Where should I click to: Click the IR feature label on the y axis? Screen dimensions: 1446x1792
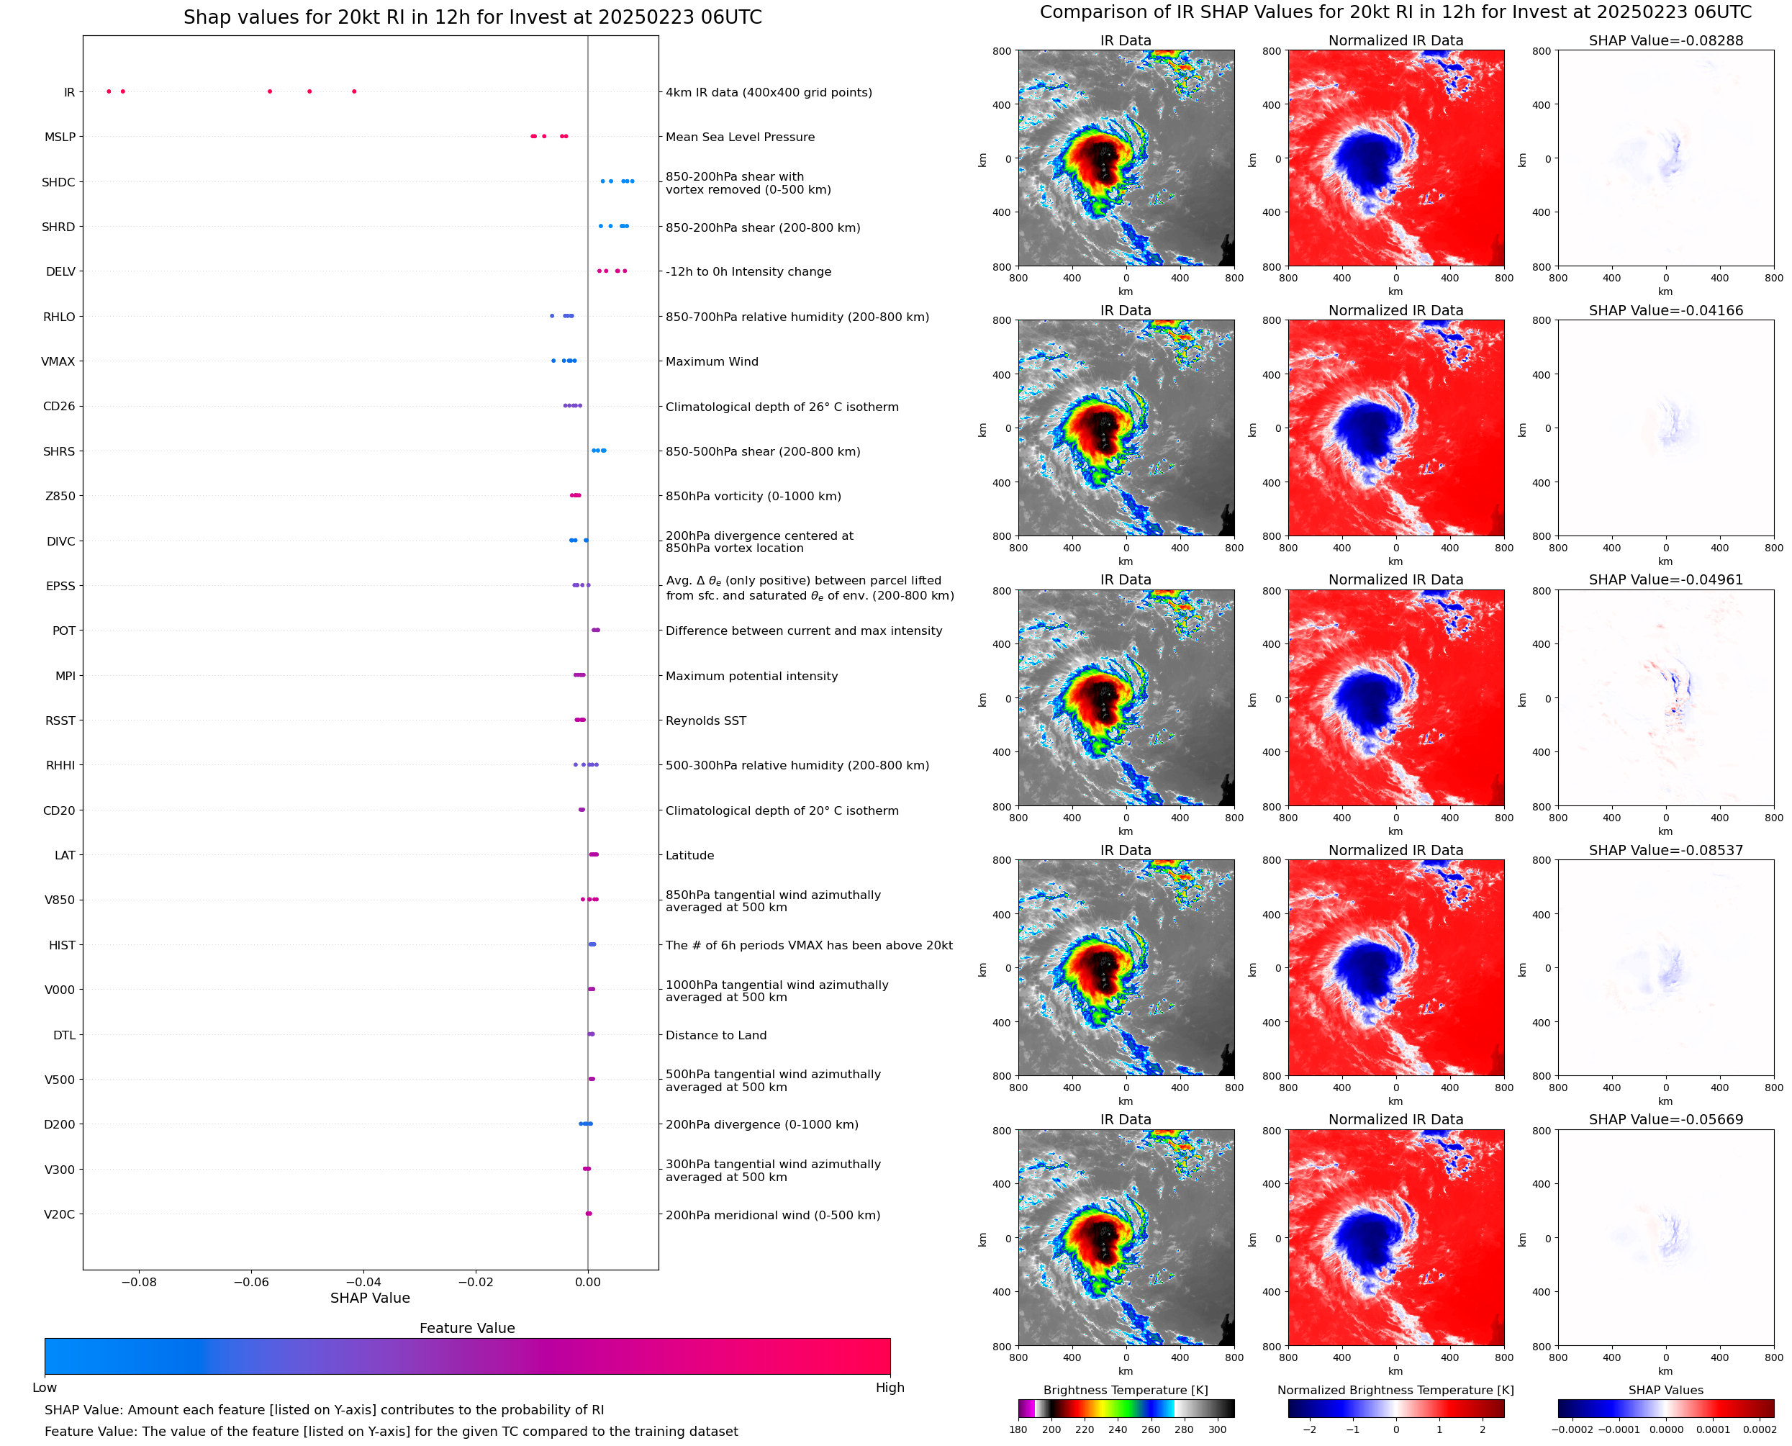pos(69,92)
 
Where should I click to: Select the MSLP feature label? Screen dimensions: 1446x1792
pos(60,137)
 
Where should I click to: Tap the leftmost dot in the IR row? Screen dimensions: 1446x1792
pos(109,91)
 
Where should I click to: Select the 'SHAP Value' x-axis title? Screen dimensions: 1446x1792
pos(370,1298)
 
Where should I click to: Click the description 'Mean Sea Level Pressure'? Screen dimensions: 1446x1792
pos(739,137)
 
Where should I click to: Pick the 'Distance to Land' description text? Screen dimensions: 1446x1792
pos(715,1035)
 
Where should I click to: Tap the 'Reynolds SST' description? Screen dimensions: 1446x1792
pos(705,721)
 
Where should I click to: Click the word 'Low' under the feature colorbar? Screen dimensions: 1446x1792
pos(45,1388)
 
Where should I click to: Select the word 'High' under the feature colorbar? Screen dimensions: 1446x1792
pos(890,1388)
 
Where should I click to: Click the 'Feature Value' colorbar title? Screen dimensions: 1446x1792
pos(467,1329)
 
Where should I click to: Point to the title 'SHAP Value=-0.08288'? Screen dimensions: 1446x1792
pos(1665,41)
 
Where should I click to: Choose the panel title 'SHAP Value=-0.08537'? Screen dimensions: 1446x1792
pos(1665,851)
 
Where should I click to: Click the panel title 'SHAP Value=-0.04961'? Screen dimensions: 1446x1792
pos(1665,579)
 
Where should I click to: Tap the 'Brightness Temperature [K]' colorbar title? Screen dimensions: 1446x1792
pos(1125,1390)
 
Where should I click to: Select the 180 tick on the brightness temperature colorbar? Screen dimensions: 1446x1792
pos(1018,1429)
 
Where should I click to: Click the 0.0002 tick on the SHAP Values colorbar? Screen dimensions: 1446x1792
pos(1760,1429)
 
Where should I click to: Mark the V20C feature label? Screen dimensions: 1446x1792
pos(59,1214)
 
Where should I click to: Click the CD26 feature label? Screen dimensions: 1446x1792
pos(59,407)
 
